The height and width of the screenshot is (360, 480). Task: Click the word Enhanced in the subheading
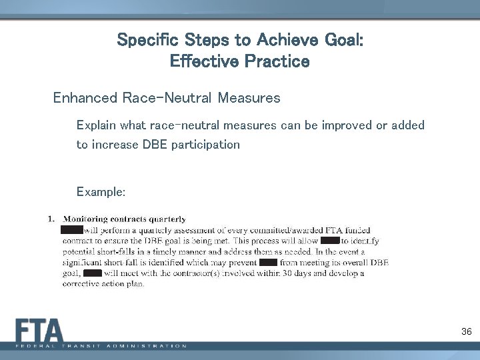(x=85, y=99)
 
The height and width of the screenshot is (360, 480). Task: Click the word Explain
(x=97, y=125)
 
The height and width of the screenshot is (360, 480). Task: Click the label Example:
(x=101, y=192)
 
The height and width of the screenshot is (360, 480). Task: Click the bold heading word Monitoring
(x=90, y=219)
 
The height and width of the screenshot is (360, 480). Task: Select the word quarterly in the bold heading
(x=167, y=219)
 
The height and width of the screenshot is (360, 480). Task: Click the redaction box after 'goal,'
(x=93, y=273)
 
